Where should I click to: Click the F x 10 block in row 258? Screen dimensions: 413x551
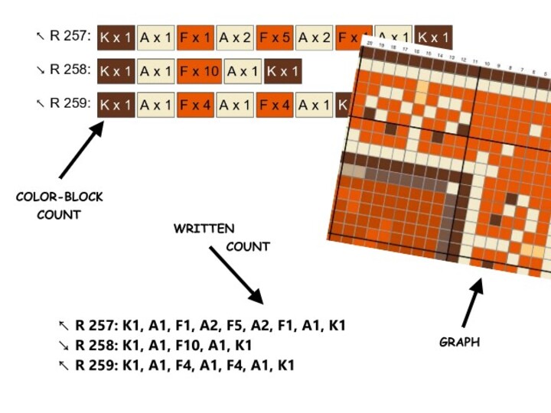pos(201,71)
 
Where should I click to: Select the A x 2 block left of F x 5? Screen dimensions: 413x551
pos(235,37)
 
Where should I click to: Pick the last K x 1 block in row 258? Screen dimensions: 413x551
pos(283,71)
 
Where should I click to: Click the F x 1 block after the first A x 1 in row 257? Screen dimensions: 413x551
pos(195,37)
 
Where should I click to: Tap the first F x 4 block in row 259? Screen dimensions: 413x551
pos(195,105)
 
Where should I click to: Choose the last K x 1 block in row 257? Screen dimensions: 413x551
pos(433,37)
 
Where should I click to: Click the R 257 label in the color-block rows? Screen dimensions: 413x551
pos(70,35)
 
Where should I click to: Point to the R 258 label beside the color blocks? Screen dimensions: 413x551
pos(70,70)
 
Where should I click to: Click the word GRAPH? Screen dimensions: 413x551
pos(459,342)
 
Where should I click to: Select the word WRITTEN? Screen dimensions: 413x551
pos(204,229)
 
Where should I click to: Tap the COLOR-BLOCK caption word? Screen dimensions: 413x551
pos(60,197)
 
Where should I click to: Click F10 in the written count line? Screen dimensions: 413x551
pos(190,346)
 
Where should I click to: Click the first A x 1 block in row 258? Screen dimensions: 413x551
pos(156,71)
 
